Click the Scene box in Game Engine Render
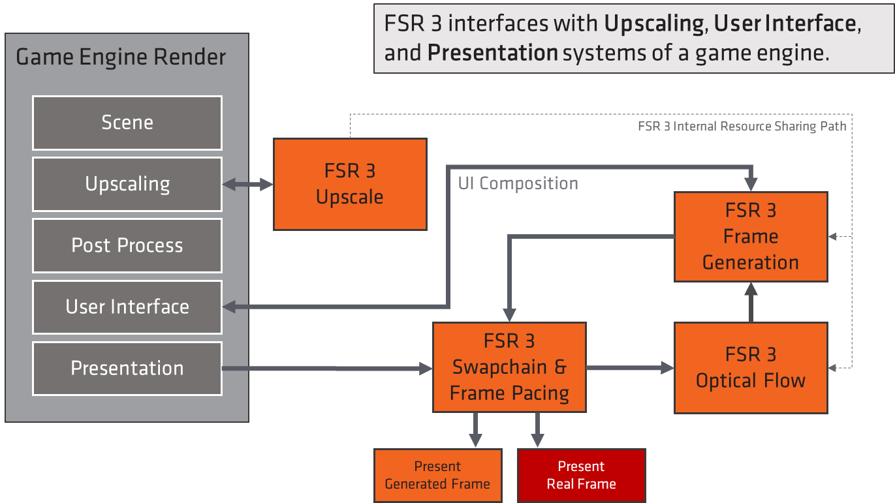[x=127, y=123]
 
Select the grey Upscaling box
[x=127, y=184]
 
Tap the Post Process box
[x=127, y=245]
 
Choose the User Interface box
[x=127, y=307]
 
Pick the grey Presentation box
[x=127, y=368]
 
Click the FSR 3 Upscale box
[x=350, y=184]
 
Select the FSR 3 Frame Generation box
[x=751, y=236]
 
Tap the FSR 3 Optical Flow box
[x=751, y=367]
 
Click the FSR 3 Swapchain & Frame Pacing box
[x=509, y=367]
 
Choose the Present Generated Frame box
[x=437, y=475]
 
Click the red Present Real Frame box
[x=581, y=475]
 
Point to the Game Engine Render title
[x=121, y=57]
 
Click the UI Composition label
[x=518, y=184]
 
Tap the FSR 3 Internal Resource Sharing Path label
[x=742, y=127]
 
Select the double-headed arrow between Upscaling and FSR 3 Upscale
[x=248, y=185]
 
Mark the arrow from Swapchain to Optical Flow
[x=630, y=368]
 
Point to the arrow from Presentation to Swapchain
[x=326, y=369]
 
